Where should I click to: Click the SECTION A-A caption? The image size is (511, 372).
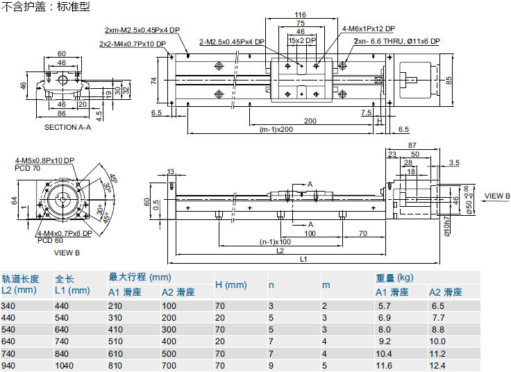click(x=67, y=128)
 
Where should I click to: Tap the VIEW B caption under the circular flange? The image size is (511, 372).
click(x=67, y=253)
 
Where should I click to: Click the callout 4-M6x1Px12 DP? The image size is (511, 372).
click(x=368, y=28)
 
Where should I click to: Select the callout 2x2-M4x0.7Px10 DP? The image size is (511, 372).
click(x=133, y=44)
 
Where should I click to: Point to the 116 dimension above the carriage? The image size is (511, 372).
click(x=300, y=15)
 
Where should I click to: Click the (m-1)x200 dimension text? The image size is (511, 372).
click(x=276, y=130)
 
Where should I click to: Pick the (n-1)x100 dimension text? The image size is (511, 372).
click(x=274, y=242)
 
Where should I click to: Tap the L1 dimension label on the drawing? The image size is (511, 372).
click(x=304, y=260)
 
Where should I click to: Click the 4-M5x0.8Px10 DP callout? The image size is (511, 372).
click(x=44, y=161)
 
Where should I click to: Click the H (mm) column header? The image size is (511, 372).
click(x=231, y=285)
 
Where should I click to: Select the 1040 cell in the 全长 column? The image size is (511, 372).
click(x=64, y=365)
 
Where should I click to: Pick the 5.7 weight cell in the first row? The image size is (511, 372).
click(x=385, y=305)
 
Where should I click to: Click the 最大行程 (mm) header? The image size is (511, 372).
click(x=140, y=278)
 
